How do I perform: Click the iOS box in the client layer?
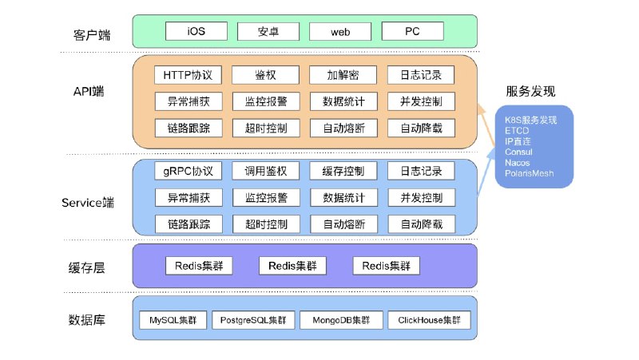(x=196, y=31)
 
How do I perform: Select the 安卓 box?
(x=268, y=31)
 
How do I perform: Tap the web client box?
(x=340, y=31)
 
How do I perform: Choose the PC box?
(x=412, y=31)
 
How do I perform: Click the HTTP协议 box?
(x=188, y=75)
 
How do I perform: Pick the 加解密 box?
(x=343, y=75)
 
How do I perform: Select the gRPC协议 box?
(x=188, y=171)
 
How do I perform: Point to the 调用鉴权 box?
(x=265, y=171)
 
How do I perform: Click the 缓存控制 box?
(x=343, y=171)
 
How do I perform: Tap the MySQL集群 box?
(x=173, y=321)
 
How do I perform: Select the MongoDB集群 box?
(x=340, y=321)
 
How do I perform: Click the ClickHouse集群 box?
(x=429, y=321)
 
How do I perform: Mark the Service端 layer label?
(x=87, y=203)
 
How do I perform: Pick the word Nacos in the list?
(x=518, y=162)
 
